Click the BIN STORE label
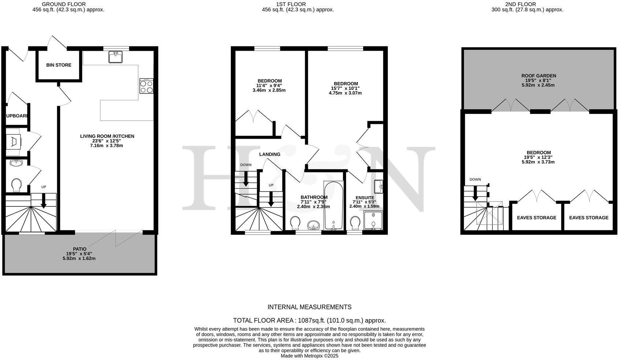click(59, 65)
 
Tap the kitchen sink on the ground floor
click(115, 57)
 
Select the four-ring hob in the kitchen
click(146, 86)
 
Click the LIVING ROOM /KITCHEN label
click(107, 136)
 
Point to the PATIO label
click(80, 249)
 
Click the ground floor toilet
click(16, 185)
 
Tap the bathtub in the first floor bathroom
click(334, 205)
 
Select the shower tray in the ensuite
click(373, 220)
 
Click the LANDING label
click(269, 154)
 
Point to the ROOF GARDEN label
click(539, 76)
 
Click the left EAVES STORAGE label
click(537, 218)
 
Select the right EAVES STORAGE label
click(589, 218)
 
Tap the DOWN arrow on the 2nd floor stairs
click(475, 194)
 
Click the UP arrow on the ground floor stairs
click(44, 201)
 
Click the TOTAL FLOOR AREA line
click(309, 320)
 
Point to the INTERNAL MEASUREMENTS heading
click(310, 307)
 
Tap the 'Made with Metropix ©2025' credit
click(310, 356)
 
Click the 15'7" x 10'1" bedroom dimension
click(345, 89)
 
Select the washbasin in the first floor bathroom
click(314, 225)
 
